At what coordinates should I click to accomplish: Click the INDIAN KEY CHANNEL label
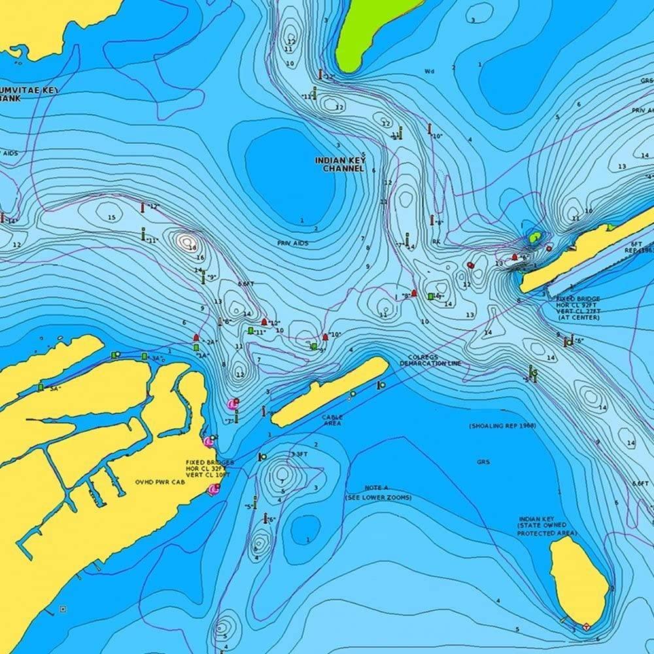(339, 164)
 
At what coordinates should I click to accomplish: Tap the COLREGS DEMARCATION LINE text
(430, 360)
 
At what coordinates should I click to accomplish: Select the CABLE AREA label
(332, 420)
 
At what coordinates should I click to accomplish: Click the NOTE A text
(377, 488)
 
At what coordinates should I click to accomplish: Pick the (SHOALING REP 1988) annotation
(502, 426)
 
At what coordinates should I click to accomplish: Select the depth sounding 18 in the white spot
(192, 247)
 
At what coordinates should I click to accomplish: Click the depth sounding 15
(111, 217)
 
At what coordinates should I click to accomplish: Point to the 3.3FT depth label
(298, 454)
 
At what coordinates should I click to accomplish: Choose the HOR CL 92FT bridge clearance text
(577, 305)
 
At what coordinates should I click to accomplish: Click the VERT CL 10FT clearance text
(209, 475)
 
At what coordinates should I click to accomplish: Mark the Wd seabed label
(429, 71)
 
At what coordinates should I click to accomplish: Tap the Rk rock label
(436, 242)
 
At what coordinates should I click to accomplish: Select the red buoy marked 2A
(196, 337)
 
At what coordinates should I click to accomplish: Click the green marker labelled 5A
(41, 387)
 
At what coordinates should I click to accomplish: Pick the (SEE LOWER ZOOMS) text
(379, 498)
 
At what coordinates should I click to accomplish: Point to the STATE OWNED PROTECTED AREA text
(547, 529)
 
